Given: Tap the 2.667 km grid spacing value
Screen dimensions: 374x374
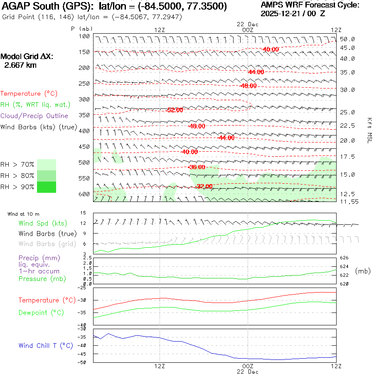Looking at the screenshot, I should click(20, 65).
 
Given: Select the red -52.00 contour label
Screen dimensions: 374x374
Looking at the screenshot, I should click(175, 110).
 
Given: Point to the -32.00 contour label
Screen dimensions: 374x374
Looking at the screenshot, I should click(204, 186).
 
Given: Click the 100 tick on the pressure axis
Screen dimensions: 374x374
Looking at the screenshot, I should click(85, 36).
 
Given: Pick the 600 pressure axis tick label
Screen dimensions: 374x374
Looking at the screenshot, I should click(85, 194).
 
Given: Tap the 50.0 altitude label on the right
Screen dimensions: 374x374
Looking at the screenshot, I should click(347, 39).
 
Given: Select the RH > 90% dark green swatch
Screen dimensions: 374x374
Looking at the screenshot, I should click(47, 187).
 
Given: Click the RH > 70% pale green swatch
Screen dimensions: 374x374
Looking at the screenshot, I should click(47, 165).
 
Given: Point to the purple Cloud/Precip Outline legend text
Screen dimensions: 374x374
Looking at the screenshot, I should click(34, 116).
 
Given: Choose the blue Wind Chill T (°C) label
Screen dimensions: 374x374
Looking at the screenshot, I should click(46, 345).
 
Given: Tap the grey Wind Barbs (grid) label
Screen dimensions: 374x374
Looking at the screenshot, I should click(48, 244).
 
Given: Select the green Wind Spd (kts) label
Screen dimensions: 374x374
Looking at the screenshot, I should click(43, 224).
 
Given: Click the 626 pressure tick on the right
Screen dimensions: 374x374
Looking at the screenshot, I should click(345, 258).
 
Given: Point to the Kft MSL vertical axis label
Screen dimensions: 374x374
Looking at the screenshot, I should click(369, 130).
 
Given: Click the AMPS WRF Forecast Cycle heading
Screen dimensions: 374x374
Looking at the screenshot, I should click(310, 5).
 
